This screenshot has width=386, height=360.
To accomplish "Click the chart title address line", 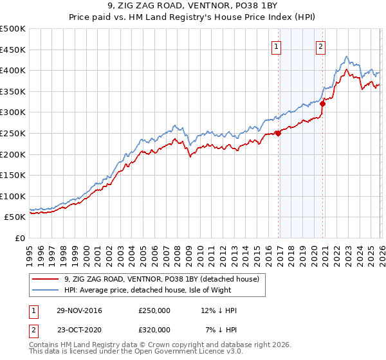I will click(x=193, y=6).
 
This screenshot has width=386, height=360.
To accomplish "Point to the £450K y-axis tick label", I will click(x=13, y=50).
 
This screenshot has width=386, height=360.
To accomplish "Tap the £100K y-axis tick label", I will click(x=13, y=196).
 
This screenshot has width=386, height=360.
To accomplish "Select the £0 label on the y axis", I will click(x=19, y=238).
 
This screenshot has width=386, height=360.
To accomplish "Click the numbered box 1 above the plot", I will click(x=277, y=46).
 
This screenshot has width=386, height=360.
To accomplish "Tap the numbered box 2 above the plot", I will click(x=320, y=46).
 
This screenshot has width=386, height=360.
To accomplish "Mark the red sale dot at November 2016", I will click(x=278, y=133).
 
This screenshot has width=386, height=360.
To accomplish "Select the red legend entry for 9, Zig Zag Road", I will click(x=161, y=279).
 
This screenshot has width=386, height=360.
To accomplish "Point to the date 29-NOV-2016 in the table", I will click(x=79, y=310).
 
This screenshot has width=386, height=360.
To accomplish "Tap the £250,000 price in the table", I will click(x=154, y=310).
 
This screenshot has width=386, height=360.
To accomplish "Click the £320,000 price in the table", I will click(x=154, y=329).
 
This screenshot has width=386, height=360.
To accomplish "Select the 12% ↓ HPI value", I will click(x=218, y=310).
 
